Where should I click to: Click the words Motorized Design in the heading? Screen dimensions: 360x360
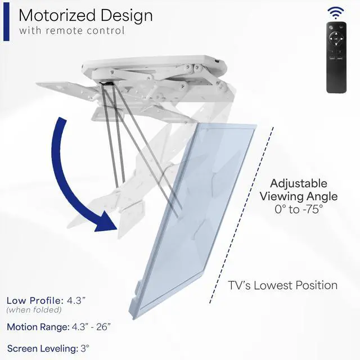click(85, 15)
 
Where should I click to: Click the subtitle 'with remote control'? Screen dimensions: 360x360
click(71, 30)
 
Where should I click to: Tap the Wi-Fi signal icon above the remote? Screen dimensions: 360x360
click(336, 12)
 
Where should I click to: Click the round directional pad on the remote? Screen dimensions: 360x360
click(337, 40)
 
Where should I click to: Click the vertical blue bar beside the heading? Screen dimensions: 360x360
click(6, 22)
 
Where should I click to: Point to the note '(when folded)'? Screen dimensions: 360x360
click(27, 310)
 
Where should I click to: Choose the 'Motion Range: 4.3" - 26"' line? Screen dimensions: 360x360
click(58, 327)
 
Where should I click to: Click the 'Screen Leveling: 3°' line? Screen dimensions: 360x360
click(48, 348)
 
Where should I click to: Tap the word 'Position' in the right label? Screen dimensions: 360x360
click(317, 285)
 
